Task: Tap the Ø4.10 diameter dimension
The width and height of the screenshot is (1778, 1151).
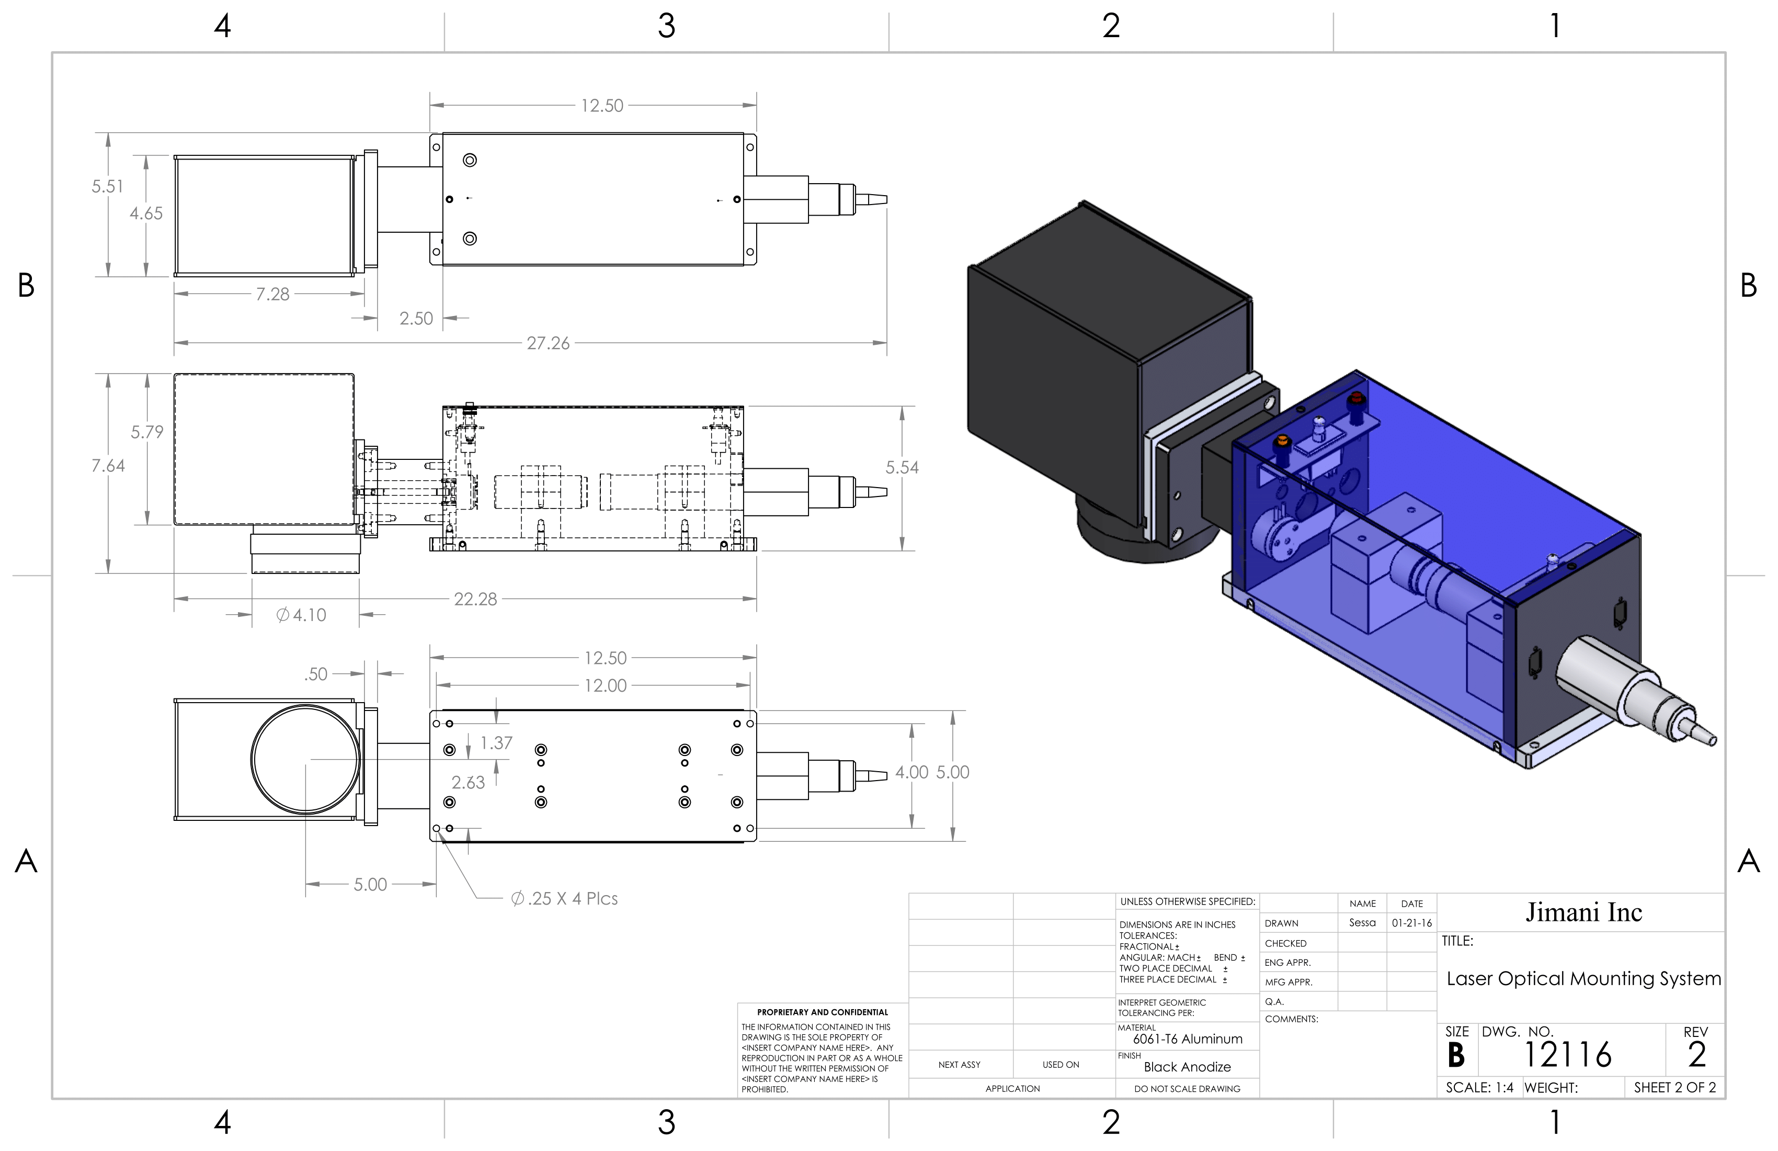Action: point(301,615)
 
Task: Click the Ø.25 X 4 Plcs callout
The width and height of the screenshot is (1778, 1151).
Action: point(564,898)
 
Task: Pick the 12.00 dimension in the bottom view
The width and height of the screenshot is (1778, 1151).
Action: point(605,685)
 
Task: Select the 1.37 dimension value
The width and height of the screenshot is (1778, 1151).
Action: point(496,743)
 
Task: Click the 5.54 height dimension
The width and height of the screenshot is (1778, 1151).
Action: point(902,468)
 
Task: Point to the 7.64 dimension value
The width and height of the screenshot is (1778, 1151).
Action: point(108,466)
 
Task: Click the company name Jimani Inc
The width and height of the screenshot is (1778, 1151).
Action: point(1583,912)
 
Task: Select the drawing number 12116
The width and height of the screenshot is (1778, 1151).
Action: point(1567,1055)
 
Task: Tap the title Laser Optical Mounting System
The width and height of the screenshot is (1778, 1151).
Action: point(1583,978)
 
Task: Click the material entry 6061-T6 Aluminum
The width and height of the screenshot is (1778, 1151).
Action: point(1187,1039)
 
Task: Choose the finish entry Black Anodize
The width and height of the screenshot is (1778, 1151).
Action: point(1187,1067)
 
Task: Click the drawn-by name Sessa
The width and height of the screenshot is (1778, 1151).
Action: point(1362,923)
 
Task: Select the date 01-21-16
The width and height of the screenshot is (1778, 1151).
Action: point(1411,923)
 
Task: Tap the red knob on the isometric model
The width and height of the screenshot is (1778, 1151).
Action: point(1355,400)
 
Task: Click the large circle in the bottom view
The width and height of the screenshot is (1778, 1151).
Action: point(305,759)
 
